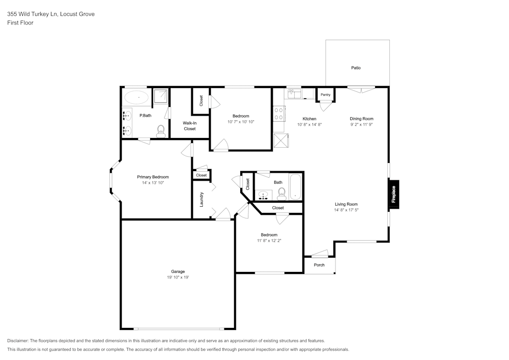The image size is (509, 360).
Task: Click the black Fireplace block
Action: tap(394, 195)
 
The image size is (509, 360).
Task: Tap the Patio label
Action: tap(356, 68)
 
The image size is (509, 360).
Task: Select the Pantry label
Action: tap(325, 95)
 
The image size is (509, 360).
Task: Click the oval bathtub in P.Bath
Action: tap(136, 97)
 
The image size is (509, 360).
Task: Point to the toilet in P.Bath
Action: tap(160, 131)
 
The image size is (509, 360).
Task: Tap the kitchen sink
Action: tap(294, 94)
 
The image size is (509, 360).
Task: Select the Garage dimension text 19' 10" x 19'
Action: tap(178, 277)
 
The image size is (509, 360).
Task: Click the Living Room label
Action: tap(346, 204)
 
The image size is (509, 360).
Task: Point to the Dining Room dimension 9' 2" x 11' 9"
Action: tap(361, 124)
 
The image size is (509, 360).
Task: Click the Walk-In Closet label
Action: tap(189, 126)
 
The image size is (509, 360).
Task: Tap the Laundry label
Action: tap(201, 200)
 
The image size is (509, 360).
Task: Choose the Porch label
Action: tap(319, 265)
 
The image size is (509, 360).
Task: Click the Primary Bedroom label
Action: tap(153, 177)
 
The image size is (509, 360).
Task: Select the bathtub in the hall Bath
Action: tap(295, 187)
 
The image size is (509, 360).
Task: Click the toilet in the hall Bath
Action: tap(281, 194)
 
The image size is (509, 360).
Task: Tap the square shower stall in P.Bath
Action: tap(161, 96)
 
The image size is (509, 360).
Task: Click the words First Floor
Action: tap(20, 23)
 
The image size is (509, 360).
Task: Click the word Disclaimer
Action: tap(17, 341)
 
